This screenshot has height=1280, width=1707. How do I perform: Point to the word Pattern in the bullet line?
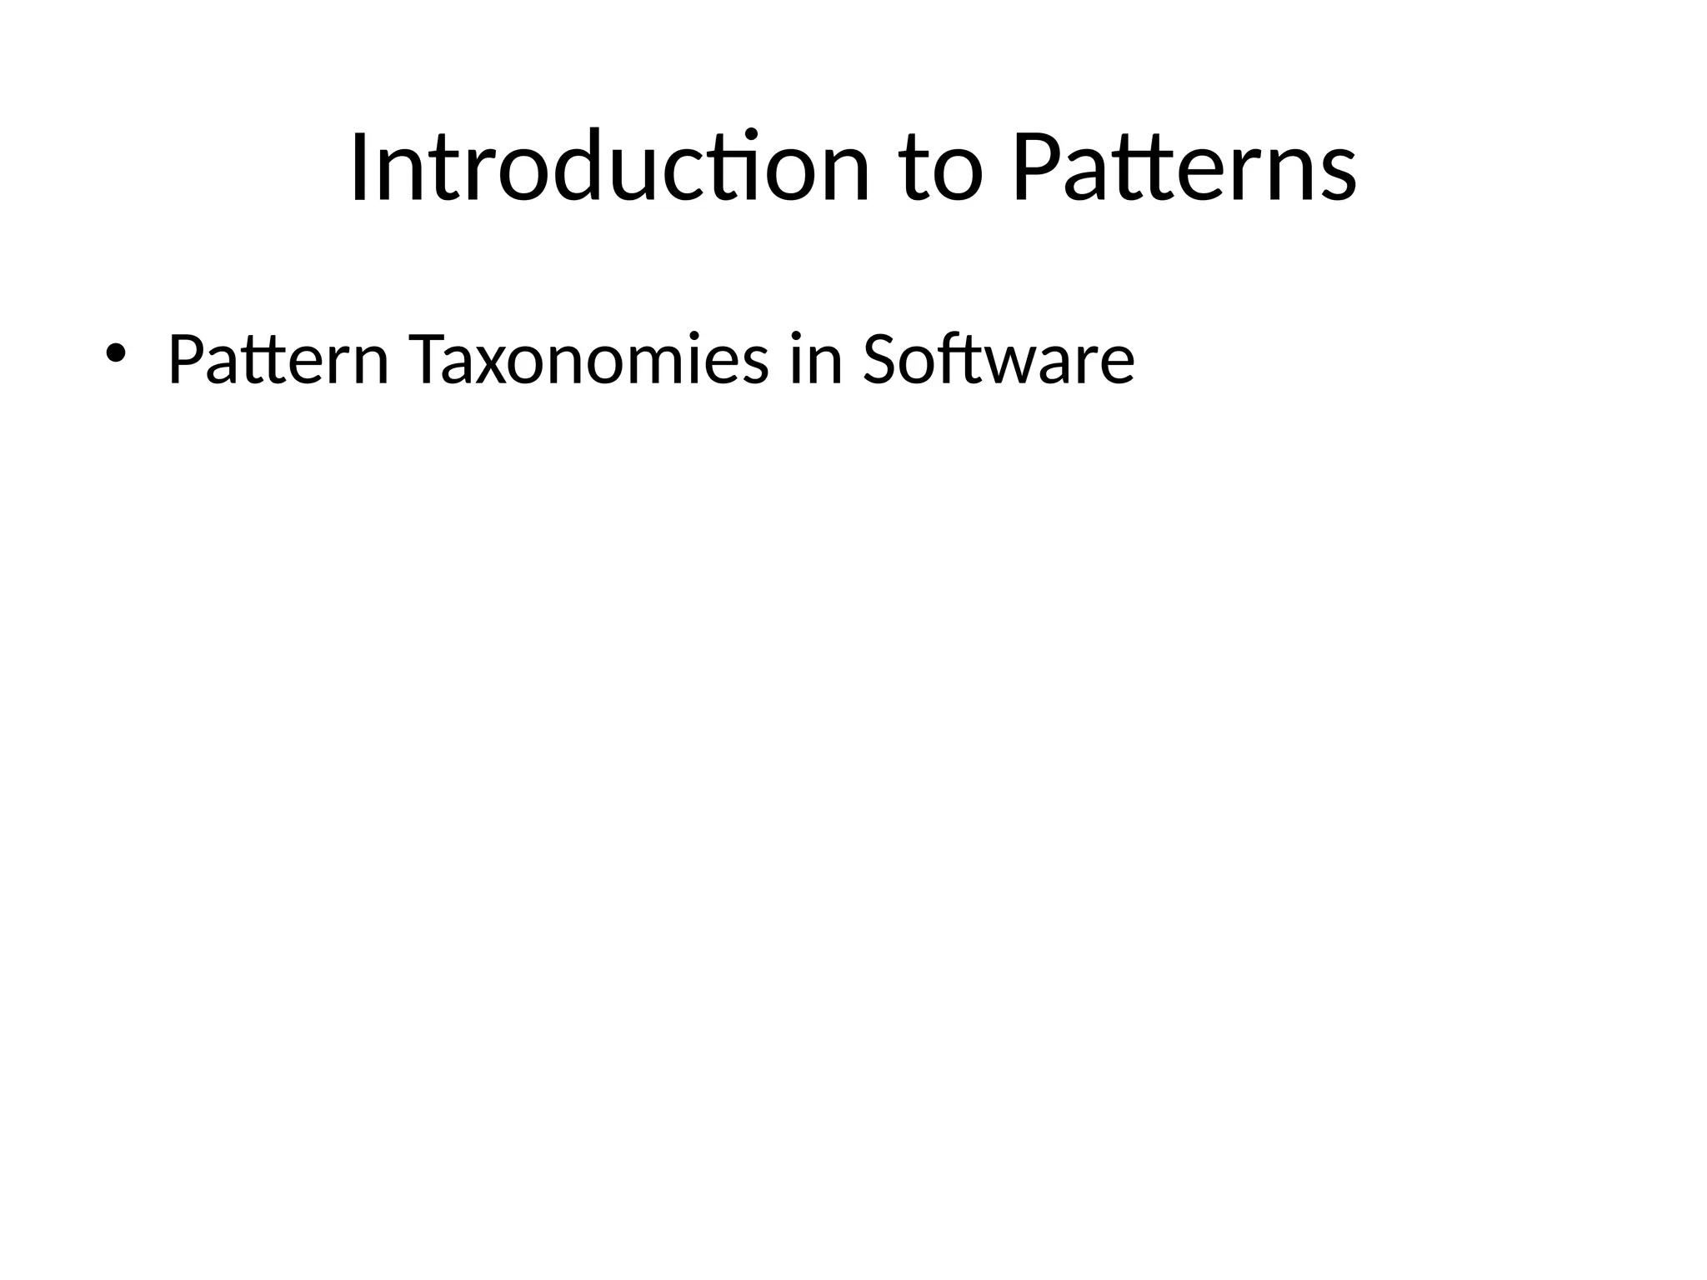278,360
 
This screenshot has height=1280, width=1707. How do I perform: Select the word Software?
999,360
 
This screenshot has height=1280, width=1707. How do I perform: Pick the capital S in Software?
884,360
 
